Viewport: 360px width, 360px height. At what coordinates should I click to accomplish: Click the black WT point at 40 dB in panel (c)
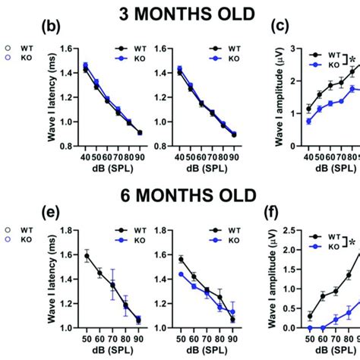(308, 109)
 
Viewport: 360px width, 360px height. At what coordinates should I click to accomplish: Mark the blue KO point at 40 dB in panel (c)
(308, 121)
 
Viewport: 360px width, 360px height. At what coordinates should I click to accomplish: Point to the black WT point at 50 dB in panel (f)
(309, 316)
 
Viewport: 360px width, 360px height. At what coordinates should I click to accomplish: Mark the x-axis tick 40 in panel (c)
(308, 156)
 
